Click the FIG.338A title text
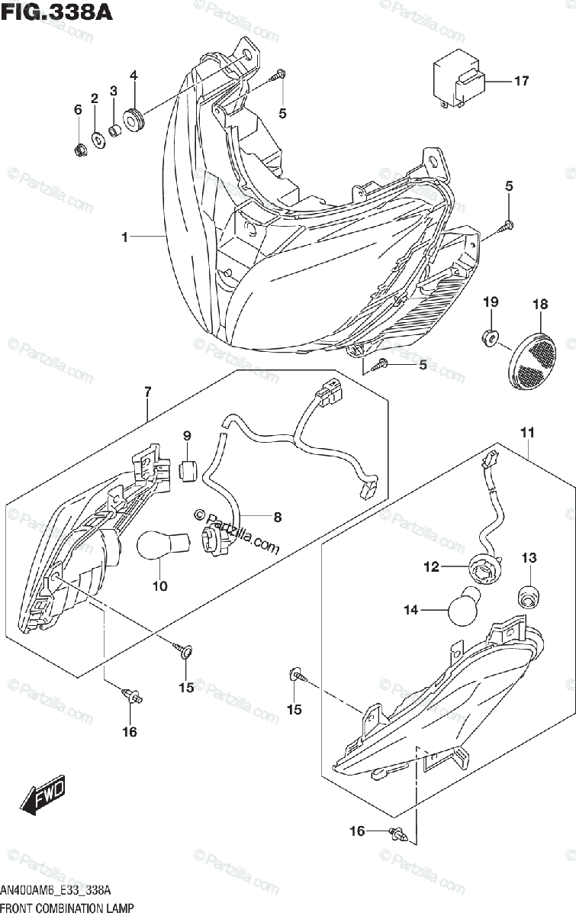[x=56, y=13]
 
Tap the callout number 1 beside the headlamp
[x=124, y=238]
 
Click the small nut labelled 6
[x=79, y=148]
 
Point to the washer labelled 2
[x=98, y=139]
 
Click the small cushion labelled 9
[x=187, y=471]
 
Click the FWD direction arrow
[x=44, y=796]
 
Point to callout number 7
[x=147, y=392]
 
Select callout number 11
[x=527, y=434]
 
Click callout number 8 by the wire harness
[x=278, y=517]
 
